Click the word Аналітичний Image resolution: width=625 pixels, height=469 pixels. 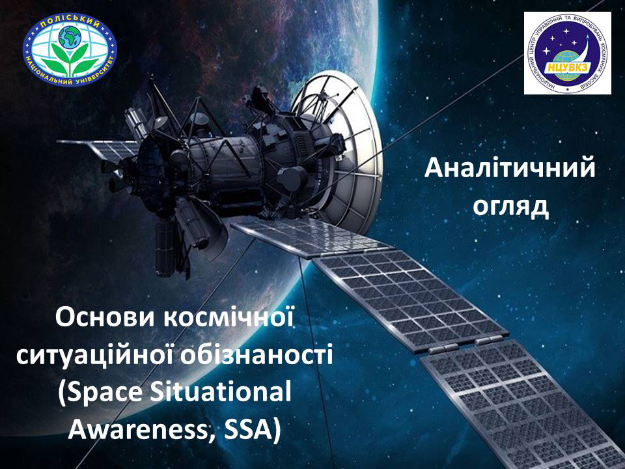point(509,168)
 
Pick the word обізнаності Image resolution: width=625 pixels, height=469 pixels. point(257,355)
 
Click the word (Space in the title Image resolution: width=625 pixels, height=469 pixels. point(100,393)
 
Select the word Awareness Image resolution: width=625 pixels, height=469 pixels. point(142,431)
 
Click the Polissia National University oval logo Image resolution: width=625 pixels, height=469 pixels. point(70,49)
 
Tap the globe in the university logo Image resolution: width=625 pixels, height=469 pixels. point(70,37)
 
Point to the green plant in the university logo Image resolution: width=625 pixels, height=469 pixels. point(70,59)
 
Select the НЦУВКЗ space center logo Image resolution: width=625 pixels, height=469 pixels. point(567,53)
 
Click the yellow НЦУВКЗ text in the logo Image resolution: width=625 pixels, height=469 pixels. point(568,68)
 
